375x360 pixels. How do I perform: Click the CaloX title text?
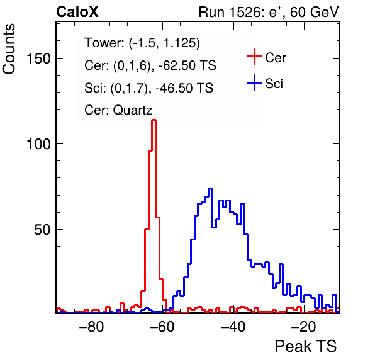[x=77, y=12]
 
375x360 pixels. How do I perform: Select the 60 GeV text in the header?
[x=315, y=12]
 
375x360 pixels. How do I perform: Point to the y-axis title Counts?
[x=9, y=49]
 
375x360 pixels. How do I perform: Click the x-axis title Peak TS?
[x=306, y=346]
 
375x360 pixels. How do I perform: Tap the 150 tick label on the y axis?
[x=39, y=59]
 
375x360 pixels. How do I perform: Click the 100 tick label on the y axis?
[x=39, y=144]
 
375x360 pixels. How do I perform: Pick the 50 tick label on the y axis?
[x=42, y=230]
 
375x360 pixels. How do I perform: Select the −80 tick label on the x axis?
[x=92, y=327]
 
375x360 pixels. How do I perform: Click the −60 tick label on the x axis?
[x=162, y=327]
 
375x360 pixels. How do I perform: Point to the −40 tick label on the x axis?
[x=233, y=327]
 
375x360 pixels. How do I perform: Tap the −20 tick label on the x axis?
[x=304, y=327]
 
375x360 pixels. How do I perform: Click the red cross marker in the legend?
[x=254, y=57]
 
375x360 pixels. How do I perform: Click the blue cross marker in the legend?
[x=254, y=82]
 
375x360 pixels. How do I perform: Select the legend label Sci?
[x=274, y=84]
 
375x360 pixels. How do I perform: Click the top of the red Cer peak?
[x=154, y=120]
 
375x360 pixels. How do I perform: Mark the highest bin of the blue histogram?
[x=210, y=188]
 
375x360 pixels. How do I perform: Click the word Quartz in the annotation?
[x=133, y=111]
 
